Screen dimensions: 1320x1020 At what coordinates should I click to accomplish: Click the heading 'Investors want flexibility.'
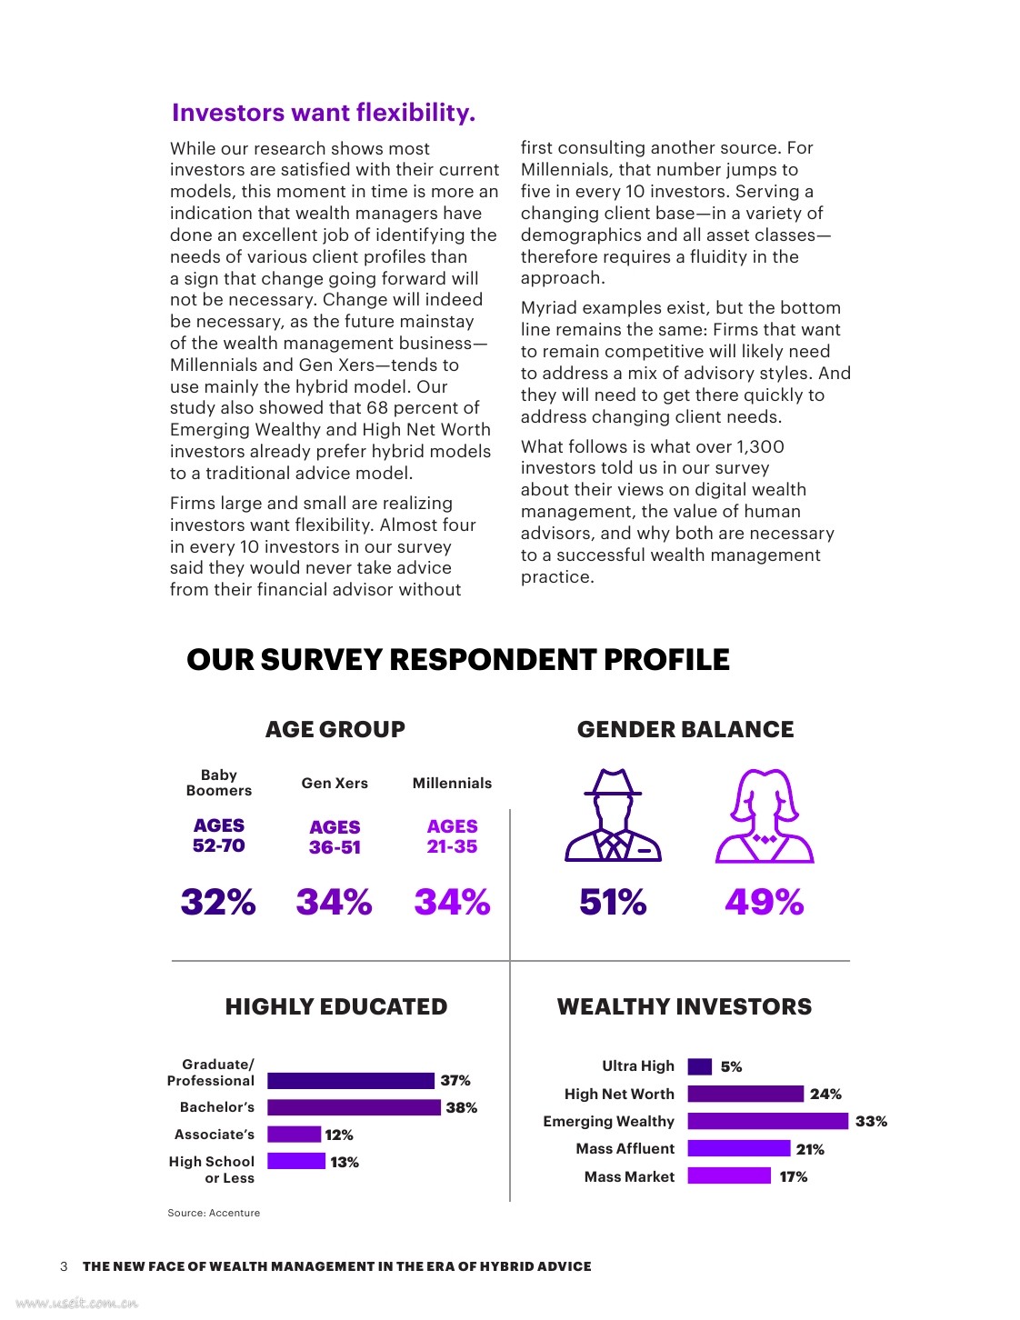(324, 113)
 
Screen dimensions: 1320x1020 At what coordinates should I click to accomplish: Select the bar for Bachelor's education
(354, 1107)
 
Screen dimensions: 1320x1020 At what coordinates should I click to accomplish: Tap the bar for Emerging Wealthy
(767, 1122)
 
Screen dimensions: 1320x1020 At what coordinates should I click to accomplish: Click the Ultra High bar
(699, 1066)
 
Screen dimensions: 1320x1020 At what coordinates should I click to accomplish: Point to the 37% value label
(455, 1080)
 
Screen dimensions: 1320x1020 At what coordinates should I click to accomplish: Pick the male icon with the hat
(613, 815)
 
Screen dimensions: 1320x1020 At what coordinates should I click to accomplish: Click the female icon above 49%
(765, 815)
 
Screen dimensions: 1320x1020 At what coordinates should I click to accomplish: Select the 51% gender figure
(613, 902)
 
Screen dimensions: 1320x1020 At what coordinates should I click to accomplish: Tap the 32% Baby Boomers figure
(218, 902)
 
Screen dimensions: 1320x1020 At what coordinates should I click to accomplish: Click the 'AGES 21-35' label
(452, 836)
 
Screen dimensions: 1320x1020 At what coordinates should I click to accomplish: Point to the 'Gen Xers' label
(335, 783)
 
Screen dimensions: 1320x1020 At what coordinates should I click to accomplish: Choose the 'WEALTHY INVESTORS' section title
(685, 1006)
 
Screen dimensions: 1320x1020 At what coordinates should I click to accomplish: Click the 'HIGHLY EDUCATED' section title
(336, 1006)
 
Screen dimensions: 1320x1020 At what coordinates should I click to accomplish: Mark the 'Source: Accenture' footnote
(214, 1213)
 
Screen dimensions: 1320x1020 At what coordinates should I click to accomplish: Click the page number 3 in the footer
(64, 1266)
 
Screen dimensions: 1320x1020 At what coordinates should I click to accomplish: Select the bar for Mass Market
(728, 1176)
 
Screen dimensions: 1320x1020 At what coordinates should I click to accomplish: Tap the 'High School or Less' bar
(295, 1161)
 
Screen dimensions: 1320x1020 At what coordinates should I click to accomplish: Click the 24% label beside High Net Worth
(825, 1094)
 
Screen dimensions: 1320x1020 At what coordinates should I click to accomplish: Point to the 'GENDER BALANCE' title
(685, 729)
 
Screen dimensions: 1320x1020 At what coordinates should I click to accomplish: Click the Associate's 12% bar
(294, 1135)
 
